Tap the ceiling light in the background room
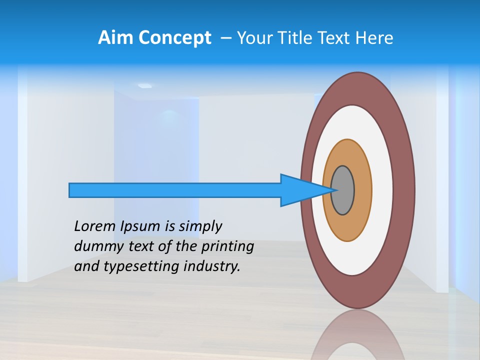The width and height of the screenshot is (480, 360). [144, 86]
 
